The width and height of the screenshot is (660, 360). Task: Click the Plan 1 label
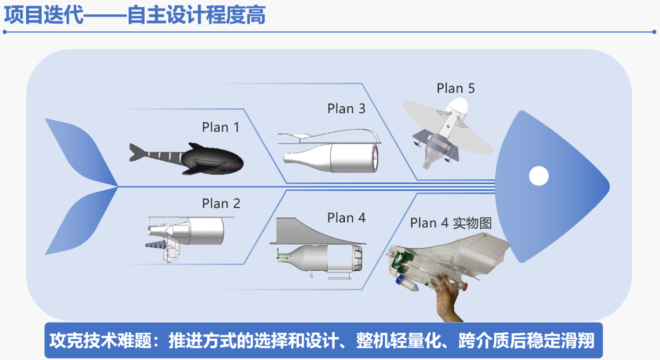(221, 127)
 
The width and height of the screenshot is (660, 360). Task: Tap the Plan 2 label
(221, 204)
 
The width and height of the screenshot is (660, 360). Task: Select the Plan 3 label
(346, 109)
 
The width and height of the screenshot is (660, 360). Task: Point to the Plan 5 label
(455, 88)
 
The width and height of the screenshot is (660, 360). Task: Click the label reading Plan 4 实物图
(451, 223)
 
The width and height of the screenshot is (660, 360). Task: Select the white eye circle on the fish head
(538, 176)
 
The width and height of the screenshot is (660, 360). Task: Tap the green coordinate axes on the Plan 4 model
(279, 256)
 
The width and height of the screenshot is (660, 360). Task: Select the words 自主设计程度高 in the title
(196, 15)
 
